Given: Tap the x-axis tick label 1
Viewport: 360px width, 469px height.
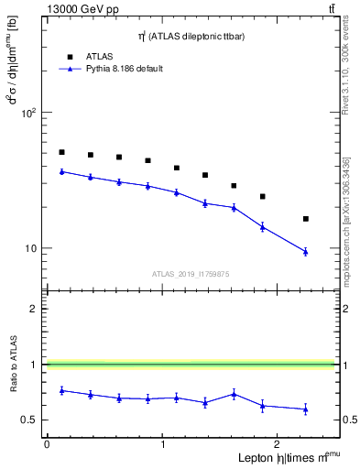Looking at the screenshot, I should pos(163,444).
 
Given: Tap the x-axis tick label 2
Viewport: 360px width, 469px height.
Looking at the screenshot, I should pos(279,444).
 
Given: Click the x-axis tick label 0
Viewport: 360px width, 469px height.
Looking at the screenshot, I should pos(47,444).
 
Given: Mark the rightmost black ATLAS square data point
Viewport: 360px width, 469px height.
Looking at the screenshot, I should pos(306,219).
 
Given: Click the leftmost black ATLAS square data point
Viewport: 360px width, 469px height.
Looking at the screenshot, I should pos(61,152).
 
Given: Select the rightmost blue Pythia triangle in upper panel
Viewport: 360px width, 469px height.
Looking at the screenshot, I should pos(306,251).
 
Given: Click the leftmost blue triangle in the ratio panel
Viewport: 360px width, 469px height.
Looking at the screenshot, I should pos(61,390).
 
